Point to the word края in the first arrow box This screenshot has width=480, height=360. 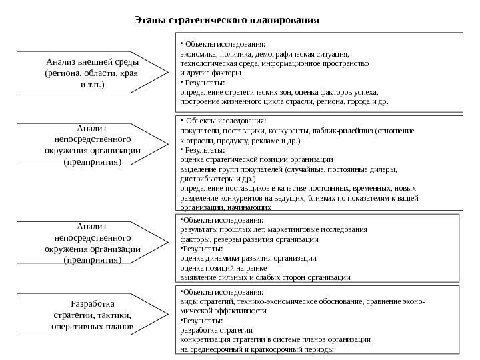[127, 73]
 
